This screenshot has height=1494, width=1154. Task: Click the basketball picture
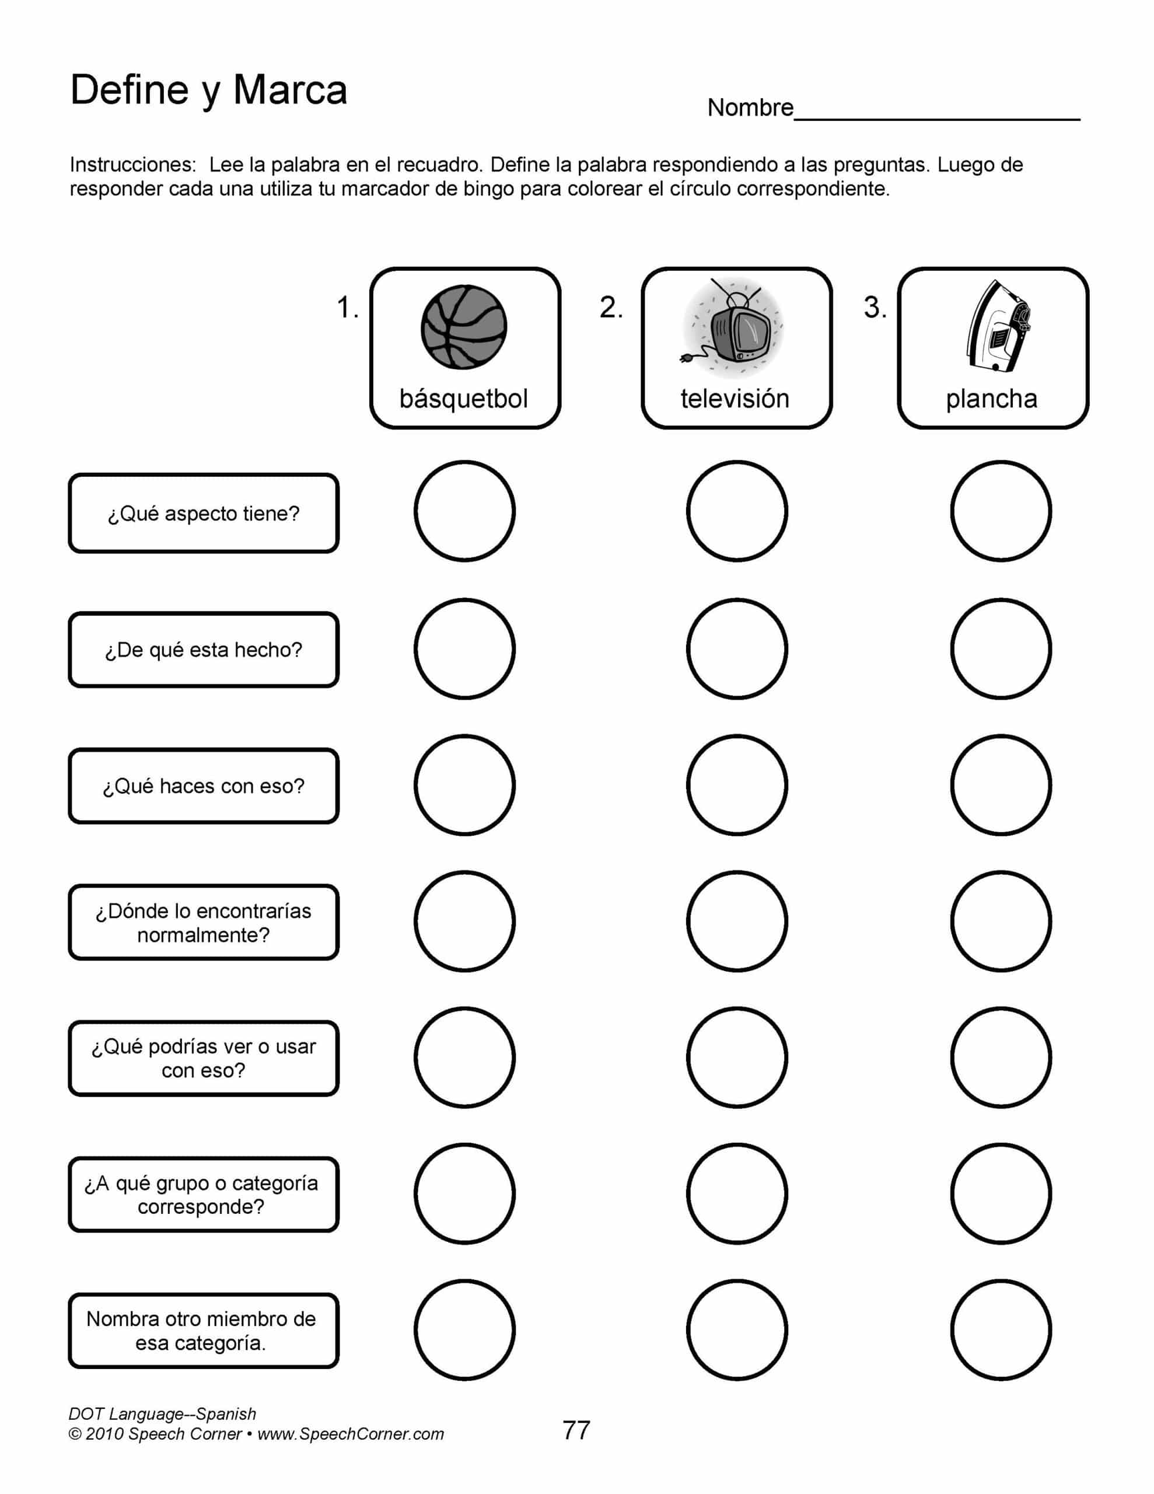tap(464, 327)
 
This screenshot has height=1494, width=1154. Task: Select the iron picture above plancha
tap(996, 327)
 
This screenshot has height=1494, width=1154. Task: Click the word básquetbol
tap(464, 399)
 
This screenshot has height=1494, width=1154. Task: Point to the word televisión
tap(735, 399)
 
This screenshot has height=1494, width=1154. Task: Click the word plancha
tap(991, 399)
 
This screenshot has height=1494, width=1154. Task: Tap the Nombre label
tap(750, 108)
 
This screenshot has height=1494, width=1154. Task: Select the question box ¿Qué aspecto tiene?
tap(204, 513)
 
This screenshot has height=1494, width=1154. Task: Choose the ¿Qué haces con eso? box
tap(204, 786)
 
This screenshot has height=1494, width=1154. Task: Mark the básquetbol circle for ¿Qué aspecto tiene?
tap(464, 511)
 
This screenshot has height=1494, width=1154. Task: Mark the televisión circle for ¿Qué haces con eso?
tap(737, 784)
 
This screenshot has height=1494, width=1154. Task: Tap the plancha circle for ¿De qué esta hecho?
tap(1001, 648)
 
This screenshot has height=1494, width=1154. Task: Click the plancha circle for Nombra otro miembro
tap(1001, 1330)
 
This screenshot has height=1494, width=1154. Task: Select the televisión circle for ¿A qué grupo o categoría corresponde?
tap(737, 1193)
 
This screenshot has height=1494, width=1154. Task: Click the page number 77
tap(576, 1430)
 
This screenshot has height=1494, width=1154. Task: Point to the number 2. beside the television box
tap(611, 308)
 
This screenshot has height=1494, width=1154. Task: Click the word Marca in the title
tap(290, 90)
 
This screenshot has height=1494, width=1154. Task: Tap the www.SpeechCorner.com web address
tap(350, 1434)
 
